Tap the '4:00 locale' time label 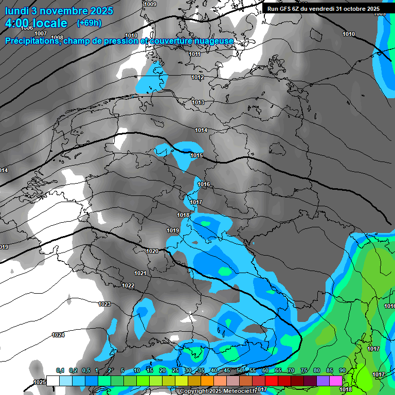pyautogui.click(x=36, y=23)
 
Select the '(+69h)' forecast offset pyautogui.click(x=89, y=23)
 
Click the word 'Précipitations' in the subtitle pyautogui.click(x=32, y=41)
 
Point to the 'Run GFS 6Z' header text pyautogui.click(x=288, y=9)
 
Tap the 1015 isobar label pyautogui.click(x=196, y=155)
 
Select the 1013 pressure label pyautogui.click(x=198, y=102)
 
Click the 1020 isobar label pyautogui.click(x=152, y=251)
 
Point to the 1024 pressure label pyautogui.click(x=58, y=335)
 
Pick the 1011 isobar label pyautogui.click(x=194, y=54)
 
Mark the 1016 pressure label pyautogui.click(x=204, y=184)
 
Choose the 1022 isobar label pyautogui.click(x=128, y=285)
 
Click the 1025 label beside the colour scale pyautogui.click(x=39, y=382)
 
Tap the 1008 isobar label pyautogui.click(x=57, y=38)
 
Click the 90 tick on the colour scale pyautogui.click(x=342, y=370)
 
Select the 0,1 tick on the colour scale pyautogui.click(x=60, y=370)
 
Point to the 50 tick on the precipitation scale pyautogui.click(x=240, y=370)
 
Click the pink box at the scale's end pyautogui.click(x=336, y=381)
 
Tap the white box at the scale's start pyautogui.click(x=53, y=381)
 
